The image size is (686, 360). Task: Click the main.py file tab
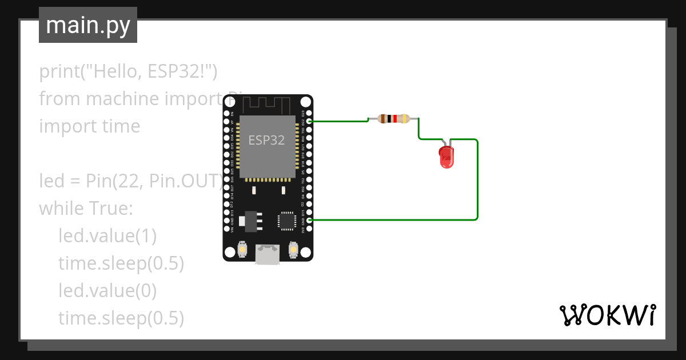coord(88,25)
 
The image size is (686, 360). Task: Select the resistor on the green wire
coord(394,119)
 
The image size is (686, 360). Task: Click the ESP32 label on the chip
coord(266,140)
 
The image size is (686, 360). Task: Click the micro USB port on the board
coord(268,254)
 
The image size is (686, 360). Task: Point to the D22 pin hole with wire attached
coord(309,121)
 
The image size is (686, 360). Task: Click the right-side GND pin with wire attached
coord(309,220)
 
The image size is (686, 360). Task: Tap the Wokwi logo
coord(607,315)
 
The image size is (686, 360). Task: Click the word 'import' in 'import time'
coord(61,126)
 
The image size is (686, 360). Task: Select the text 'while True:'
coord(86,209)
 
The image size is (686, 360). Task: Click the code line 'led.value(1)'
coord(107,236)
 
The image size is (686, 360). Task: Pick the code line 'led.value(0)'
coord(107,291)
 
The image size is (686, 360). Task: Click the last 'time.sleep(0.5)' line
coord(121,318)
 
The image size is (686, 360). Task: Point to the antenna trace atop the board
coord(268,105)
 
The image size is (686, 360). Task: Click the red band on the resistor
coord(394,119)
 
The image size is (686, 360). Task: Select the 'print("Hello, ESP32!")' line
coord(128,71)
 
